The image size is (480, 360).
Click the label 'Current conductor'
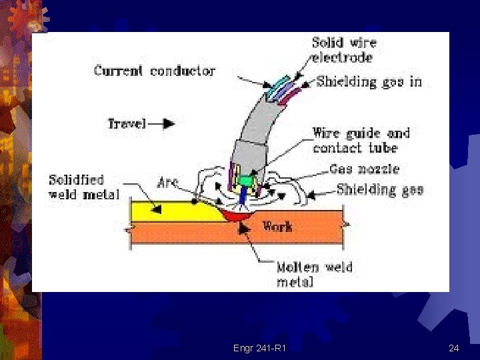click(154, 71)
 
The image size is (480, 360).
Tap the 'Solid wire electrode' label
click(344, 50)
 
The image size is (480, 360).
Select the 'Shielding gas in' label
click(369, 82)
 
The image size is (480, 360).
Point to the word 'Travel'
click(128, 123)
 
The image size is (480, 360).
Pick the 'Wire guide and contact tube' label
click(361, 141)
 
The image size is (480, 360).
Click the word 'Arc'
click(168, 181)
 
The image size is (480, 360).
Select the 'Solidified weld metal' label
click(83, 187)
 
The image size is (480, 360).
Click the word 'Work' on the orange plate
click(277, 226)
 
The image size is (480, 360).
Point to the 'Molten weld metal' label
click(315, 274)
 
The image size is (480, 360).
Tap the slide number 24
click(454, 348)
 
